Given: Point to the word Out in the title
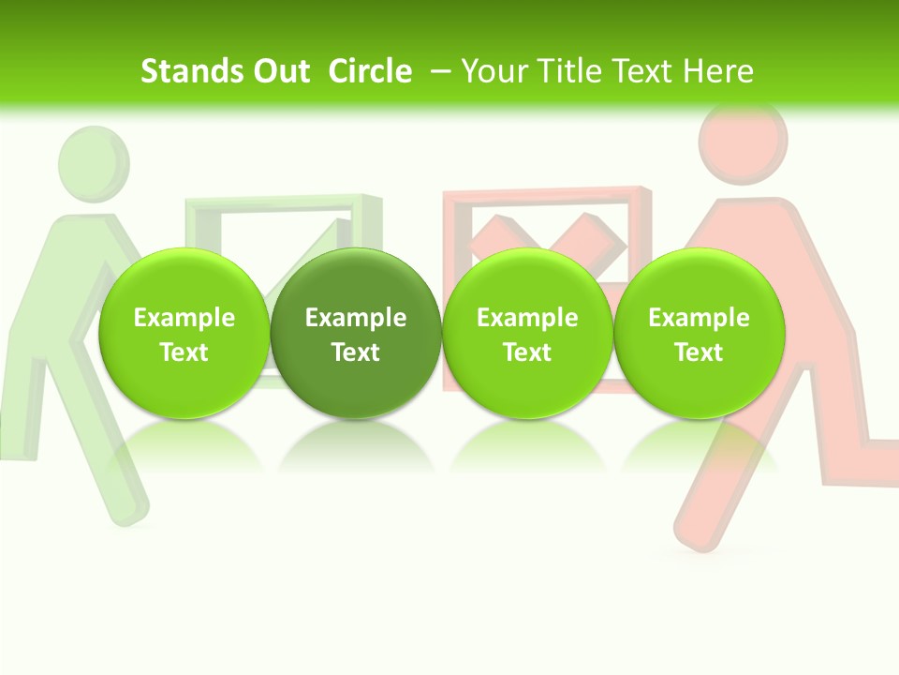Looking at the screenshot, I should click(x=279, y=71).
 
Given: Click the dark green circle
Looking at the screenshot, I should click(x=356, y=333).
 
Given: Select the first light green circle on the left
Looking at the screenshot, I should click(x=184, y=333).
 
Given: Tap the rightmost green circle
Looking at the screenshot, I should click(x=699, y=333).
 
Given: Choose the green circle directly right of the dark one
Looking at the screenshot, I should click(x=527, y=333).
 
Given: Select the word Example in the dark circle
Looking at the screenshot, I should click(x=356, y=318).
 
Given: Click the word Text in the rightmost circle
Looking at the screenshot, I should click(x=699, y=352).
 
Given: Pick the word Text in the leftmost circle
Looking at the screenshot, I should click(x=184, y=352).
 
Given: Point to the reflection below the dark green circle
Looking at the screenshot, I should click(x=356, y=445).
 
